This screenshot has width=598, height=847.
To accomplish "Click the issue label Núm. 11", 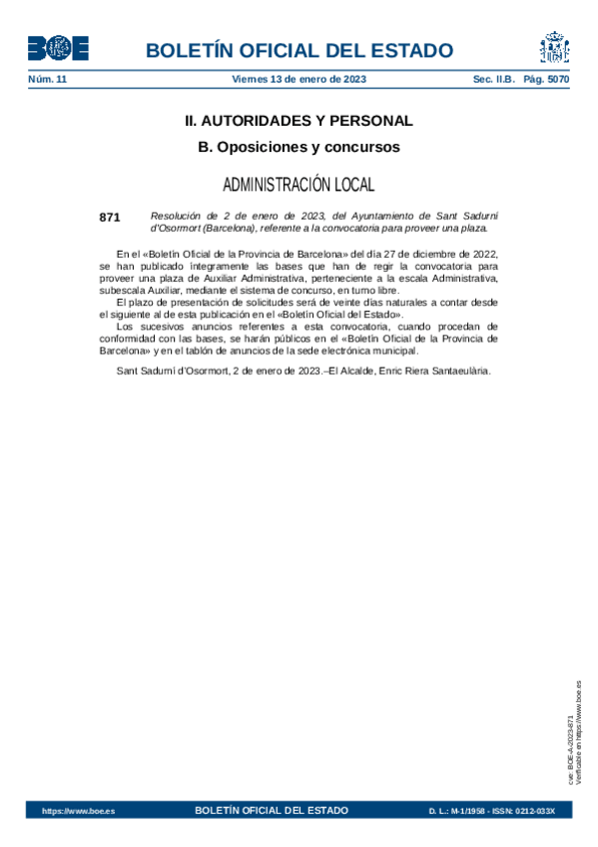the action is (x=47, y=79).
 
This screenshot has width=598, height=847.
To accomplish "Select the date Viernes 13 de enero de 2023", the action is (x=299, y=79).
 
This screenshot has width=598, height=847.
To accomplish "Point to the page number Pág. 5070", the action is (x=546, y=79).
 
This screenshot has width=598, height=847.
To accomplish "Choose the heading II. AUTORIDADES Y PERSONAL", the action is (x=299, y=121).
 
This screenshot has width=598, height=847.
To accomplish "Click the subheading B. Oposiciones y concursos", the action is (x=299, y=147).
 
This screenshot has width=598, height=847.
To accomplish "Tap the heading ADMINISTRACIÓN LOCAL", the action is (x=299, y=185).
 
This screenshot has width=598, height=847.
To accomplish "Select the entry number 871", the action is (x=110, y=216).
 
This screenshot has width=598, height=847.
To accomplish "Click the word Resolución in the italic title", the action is (x=175, y=215).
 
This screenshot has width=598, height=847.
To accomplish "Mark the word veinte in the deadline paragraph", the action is (x=330, y=302).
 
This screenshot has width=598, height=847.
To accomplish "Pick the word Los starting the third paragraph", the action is (x=124, y=326).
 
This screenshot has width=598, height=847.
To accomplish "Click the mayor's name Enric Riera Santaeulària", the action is (x=430, y=371).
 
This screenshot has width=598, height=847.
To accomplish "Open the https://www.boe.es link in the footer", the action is (x=78, y=811).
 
